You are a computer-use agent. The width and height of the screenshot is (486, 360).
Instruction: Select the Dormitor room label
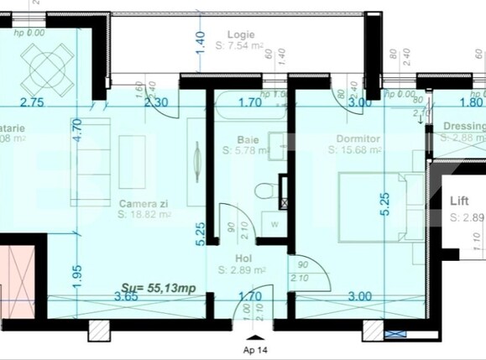(358, 138)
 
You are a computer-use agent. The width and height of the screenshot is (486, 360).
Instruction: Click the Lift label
(459, 202)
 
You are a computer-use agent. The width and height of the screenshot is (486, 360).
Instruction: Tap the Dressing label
(464, 126)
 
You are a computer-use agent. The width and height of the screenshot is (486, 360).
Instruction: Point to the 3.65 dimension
(126, 296)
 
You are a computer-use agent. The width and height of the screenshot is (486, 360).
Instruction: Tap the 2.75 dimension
(31, 103)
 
